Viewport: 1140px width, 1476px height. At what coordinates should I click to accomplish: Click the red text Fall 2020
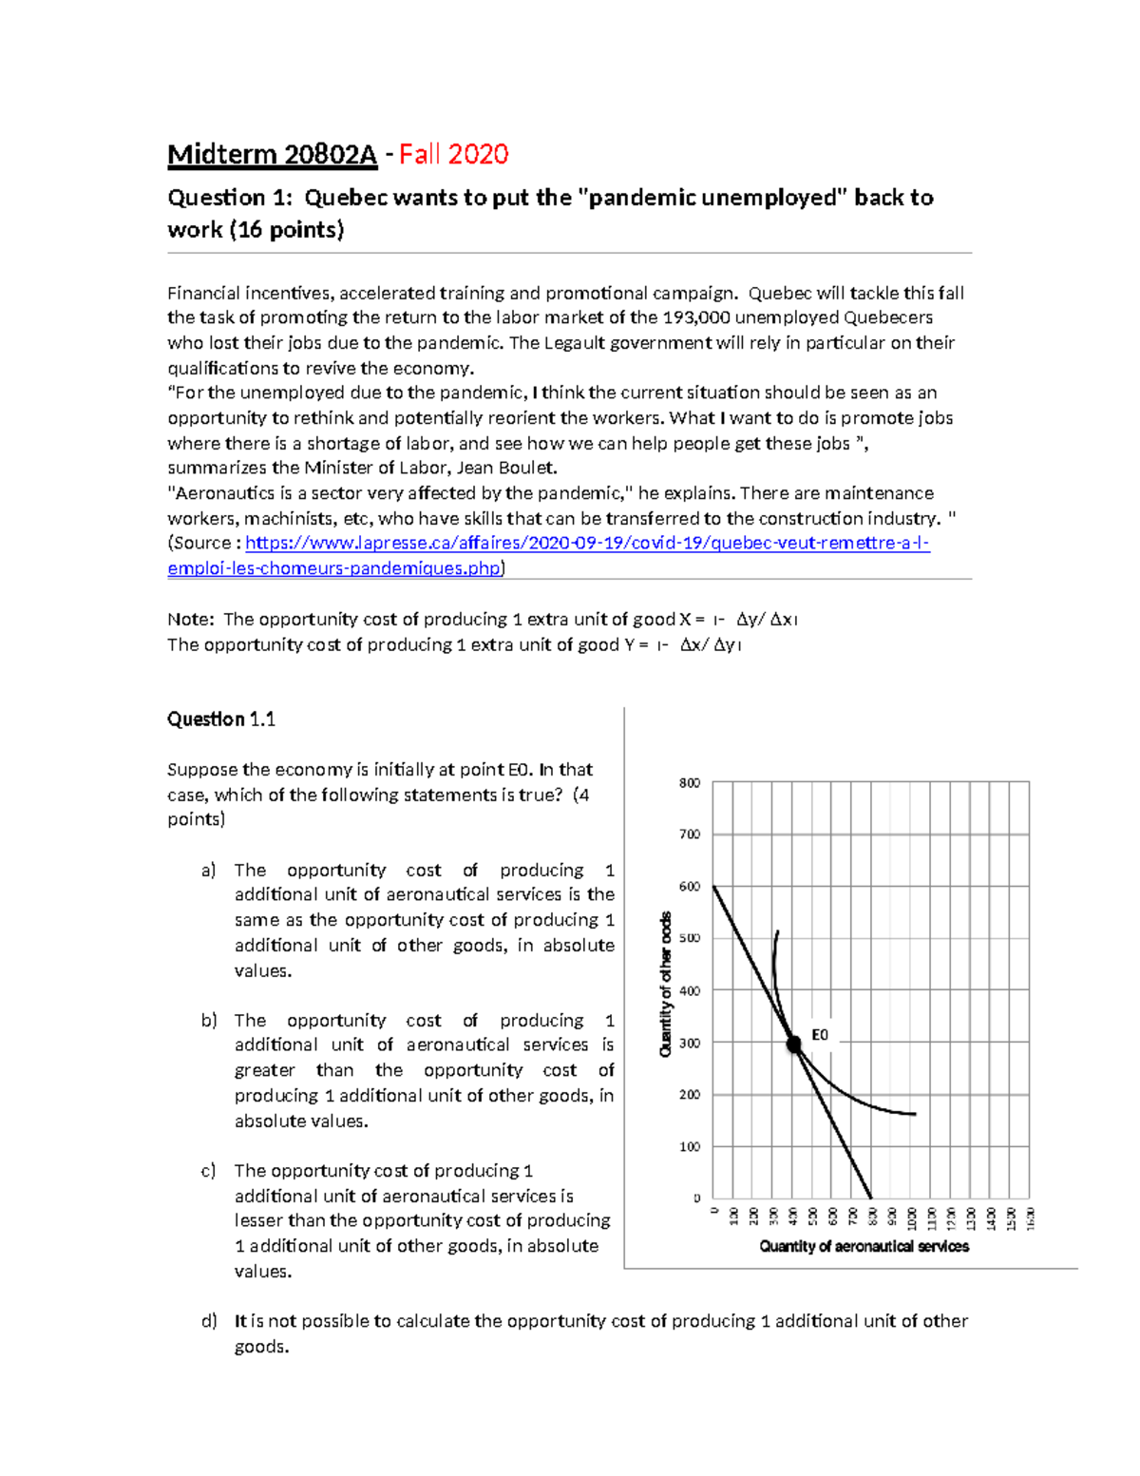[453, 154]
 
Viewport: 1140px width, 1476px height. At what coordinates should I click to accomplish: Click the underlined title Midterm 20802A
[272, 154]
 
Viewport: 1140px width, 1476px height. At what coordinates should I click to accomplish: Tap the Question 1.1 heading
[221, 719]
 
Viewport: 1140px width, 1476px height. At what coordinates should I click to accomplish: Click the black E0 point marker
[794, 1044]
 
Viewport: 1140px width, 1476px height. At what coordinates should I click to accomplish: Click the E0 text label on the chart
[820, 1035]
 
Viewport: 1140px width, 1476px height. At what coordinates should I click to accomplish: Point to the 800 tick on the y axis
[690, 783]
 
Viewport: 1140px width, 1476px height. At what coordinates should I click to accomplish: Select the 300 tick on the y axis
[690, 1043]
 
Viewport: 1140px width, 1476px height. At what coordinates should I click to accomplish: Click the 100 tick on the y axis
[690, 1147]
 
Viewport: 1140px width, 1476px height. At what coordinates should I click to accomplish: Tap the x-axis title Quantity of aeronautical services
[864, 1246]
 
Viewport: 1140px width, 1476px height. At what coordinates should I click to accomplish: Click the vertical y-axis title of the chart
[666, 984]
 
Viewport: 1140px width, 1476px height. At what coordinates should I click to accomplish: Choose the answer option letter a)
[208, 871]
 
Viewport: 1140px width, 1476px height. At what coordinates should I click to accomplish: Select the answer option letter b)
[208, 1021]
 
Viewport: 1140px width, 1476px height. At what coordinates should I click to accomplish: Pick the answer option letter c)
[208, 1171]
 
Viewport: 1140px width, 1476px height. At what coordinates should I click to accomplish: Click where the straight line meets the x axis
[871, 1198]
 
